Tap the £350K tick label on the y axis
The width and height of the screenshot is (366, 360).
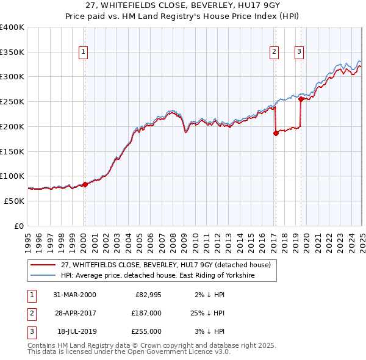coord(12,52)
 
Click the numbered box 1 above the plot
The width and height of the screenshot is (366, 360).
coord(83,52)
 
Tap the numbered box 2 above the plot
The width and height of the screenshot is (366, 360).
coord(274,52)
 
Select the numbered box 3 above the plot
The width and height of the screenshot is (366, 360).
coord(300,52)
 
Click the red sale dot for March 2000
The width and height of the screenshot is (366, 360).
coord(85,185)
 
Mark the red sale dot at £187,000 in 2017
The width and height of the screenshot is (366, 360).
coord(276,133)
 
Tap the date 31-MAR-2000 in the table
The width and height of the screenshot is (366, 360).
coord(75,295)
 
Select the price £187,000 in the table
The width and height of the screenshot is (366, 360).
coord(146,313)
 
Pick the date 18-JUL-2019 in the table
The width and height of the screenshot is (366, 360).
coord(75,331)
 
